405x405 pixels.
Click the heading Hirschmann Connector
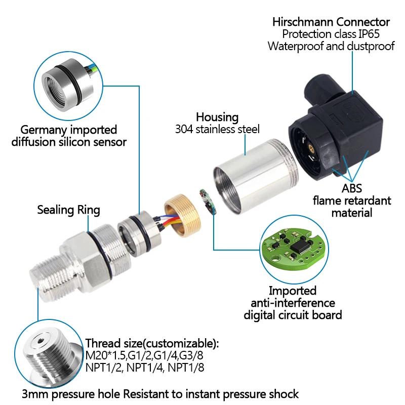click(331, 22)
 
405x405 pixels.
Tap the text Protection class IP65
click(331, 34)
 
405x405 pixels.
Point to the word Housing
click(217, 117)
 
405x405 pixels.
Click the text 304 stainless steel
click(217, 129)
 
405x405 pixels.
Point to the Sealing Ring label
click(69, 210)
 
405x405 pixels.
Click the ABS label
click(351, 189)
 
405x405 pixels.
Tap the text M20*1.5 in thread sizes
click(105, 356)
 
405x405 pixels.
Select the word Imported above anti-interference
click(292, 291)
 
